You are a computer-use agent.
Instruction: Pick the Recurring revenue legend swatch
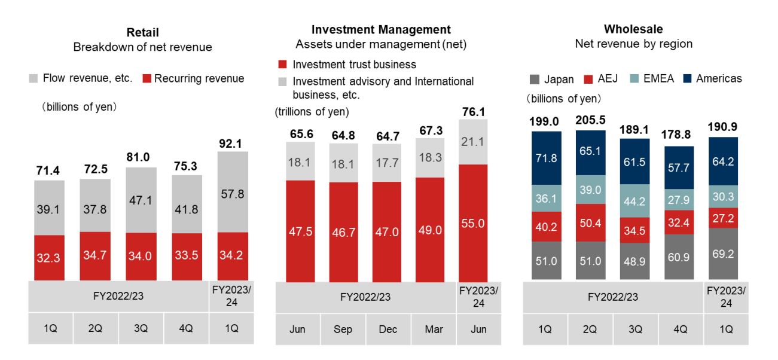click(x=148, y=78)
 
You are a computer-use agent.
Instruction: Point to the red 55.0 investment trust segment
click(x=473, y=222)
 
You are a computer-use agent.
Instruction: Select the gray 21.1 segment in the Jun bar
click(x=473, y=142)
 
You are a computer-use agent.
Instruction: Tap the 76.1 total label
click(x=473, y=112)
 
